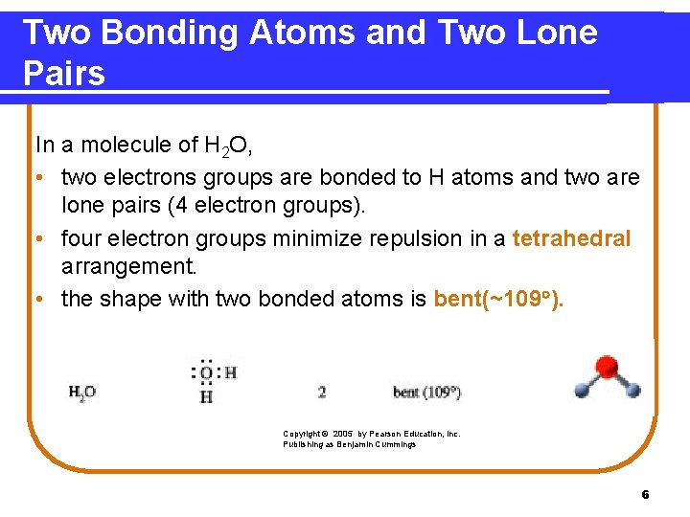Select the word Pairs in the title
click(x=63, y=74)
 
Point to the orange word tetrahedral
click(x=571, y=238)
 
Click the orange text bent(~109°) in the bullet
click(x=499, y=299)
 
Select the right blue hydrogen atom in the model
click(x=631, y=390)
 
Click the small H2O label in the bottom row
click(x=81, y=393)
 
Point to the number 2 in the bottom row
click(x=322, y=393)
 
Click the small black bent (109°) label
click(x=426, y=393)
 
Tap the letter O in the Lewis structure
click(x=205, y=374)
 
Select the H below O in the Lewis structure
click(x=205, y=395)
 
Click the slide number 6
click(x=645, y=495)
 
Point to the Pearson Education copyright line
click(x=372, y=434)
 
